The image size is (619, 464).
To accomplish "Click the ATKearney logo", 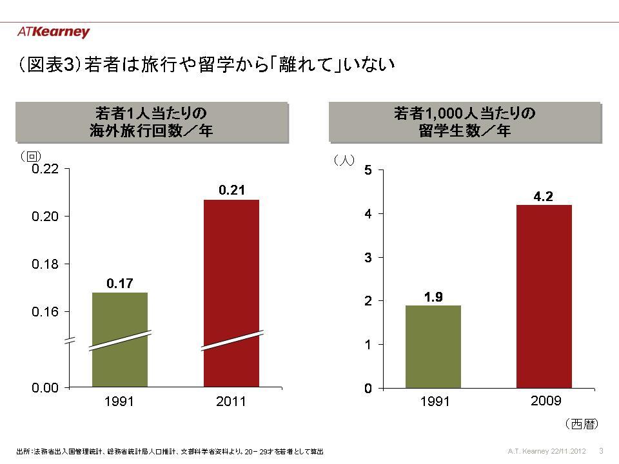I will click(x=54, y=32).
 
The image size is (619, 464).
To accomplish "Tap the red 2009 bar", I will click(x=544, y=296).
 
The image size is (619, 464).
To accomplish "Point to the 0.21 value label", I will click(x=231, y=189).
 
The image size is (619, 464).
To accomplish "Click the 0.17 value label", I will click(x=120, y=282).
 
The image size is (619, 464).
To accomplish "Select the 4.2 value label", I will click(x=544, y=196).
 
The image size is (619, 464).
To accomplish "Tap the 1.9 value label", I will click(x=433, y=296).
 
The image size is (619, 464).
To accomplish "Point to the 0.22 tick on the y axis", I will click(x=46, y=169).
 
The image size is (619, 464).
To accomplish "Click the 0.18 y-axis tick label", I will click(x=46, y=264).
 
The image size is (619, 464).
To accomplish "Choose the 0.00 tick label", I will click(x=46, y=387).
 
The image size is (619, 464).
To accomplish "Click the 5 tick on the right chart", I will click(x=368, y=170).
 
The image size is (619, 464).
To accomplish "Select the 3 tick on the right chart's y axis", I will click(x=368, y=257).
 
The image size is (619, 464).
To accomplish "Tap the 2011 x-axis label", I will click(x=231, y=402).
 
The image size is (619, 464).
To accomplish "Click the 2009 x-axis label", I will click(x=545, y=401).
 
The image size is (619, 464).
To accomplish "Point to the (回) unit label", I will click(x=30, y=155).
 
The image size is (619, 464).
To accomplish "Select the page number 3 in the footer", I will click(x=601, y=450).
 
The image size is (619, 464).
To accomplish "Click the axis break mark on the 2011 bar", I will click(x=231, y=340).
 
